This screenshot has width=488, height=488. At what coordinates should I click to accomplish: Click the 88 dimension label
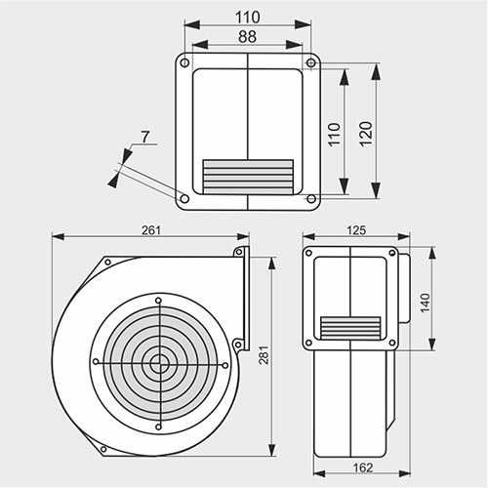248,36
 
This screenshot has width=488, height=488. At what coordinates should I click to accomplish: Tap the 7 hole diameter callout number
144,137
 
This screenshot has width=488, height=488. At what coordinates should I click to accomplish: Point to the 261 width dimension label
151,229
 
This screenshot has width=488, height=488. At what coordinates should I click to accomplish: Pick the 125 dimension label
355,229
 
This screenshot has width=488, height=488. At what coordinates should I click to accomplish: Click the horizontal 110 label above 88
248,17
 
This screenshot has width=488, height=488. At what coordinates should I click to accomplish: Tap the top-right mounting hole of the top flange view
311,63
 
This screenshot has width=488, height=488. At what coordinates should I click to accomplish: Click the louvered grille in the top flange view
247,175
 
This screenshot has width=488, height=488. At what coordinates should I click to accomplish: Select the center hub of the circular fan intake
158,362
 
